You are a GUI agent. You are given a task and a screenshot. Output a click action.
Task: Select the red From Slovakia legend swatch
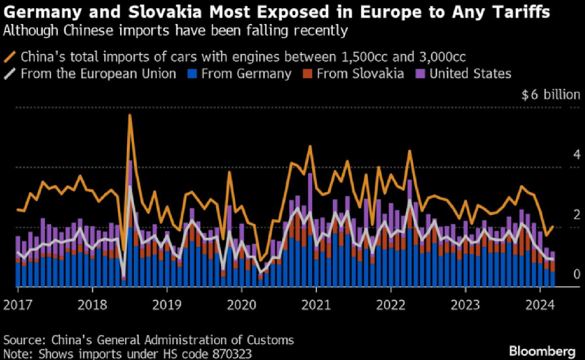[x=307, y=73]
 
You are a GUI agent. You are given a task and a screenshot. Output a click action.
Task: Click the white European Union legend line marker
[x=10, y=73]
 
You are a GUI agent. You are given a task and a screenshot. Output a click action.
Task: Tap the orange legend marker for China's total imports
[x=10, y=56]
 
